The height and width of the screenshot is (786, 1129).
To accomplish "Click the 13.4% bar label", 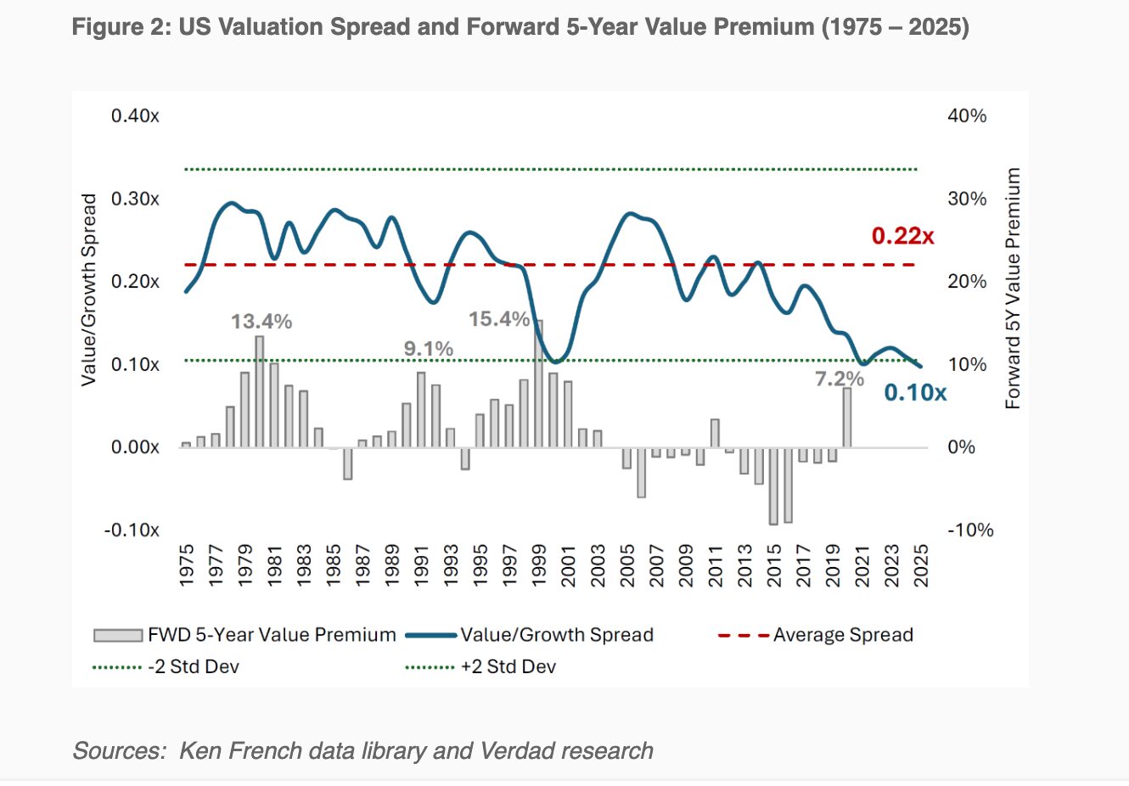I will tap(261, 322).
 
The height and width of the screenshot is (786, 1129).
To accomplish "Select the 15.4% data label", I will tap(499, 319).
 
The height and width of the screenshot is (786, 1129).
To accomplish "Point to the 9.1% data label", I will tap(429, 349).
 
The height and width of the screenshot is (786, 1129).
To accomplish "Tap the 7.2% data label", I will tap(840, 379).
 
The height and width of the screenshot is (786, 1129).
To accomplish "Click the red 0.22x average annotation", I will tap(903, 236).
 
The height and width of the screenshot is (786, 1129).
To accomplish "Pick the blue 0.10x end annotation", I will tap(915, 392).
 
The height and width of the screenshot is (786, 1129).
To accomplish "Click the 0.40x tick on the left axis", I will tap(135, 115).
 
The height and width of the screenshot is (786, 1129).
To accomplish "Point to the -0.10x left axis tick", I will tap(132, 530).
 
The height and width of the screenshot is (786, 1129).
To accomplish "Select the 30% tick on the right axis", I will tap(967, 199).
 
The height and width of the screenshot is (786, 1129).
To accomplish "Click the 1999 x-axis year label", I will tap(539, 565).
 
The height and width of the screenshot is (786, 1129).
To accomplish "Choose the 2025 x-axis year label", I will tap(921, 565).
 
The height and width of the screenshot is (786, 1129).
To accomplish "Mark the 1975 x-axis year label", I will tap(187, 565).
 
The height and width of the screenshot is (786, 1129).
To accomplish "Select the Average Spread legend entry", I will tap(843, 635).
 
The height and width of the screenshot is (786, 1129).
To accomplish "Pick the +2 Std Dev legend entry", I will tap(508, 666).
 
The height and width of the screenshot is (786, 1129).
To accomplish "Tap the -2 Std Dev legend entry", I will tap(194, 666).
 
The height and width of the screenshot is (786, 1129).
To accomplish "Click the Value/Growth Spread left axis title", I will tap(88, 289).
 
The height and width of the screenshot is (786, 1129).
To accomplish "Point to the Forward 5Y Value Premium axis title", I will tap(1013, 289).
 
